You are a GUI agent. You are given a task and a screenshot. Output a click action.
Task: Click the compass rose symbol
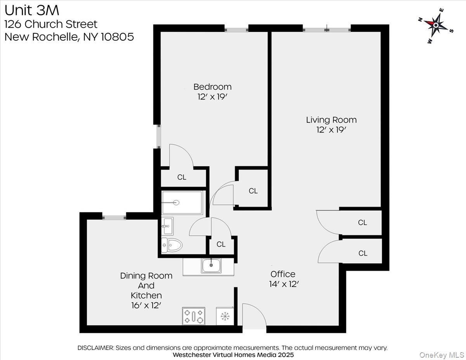click(x=436, y=26)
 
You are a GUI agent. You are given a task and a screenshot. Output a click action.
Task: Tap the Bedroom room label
click(x=212, y=87)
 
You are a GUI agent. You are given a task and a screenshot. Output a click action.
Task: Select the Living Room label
click(x=331, y=120)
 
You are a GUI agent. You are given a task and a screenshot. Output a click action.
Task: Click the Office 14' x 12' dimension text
click(x=283, y=284)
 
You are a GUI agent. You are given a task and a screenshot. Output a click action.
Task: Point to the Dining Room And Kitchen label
click(x=146, y=285)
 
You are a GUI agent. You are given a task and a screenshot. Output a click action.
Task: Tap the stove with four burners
click(x=193, y=316)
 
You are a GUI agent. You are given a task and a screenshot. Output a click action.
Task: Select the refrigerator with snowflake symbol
click(x=224, y=316)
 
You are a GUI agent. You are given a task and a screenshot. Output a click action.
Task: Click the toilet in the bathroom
click(x=172, y=245)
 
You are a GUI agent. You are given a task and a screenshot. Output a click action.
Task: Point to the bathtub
click(x=182, y=202)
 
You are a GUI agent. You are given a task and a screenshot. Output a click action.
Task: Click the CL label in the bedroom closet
click(x=182, y=177)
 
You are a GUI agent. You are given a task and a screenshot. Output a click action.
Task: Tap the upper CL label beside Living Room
click(x=362, y=223)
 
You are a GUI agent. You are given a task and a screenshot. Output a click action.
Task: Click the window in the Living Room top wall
click(x=327, y=28)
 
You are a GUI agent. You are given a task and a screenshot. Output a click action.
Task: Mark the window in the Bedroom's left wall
click(x=158, y=136)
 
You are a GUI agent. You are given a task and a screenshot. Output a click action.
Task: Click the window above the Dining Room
click(x=114, y=216)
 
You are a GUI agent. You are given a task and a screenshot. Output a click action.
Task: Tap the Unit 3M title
click(x=32, y=9)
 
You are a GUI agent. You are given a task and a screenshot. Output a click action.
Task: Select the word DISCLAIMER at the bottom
click(x=96, y=348)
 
